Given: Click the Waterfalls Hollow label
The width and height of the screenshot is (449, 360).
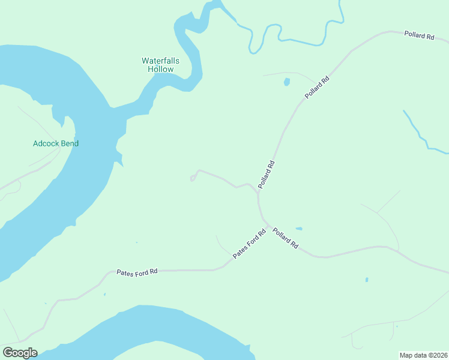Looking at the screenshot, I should coord(160,65).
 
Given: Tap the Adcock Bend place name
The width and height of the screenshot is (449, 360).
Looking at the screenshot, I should coord(56,143).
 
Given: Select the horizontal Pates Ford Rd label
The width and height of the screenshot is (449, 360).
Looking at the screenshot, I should coord(137,272).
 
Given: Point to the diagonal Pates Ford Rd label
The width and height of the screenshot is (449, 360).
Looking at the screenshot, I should coord(249,245).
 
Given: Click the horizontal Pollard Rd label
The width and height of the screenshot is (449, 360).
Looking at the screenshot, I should coord(419,36).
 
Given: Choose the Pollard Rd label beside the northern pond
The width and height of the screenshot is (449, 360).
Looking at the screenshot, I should coord(318,88).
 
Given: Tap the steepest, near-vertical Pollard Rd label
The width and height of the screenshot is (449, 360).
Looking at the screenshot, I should coord(267,175).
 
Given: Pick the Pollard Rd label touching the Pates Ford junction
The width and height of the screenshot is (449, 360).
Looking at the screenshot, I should coord(285,238).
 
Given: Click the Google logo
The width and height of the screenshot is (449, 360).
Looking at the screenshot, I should coord(20,353).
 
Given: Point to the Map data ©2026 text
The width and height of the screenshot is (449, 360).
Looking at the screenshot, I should coord(423,355).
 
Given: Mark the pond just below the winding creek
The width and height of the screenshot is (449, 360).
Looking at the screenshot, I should coord(287,82).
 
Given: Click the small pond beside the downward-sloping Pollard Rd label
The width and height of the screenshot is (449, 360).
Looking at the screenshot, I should coord(299,229).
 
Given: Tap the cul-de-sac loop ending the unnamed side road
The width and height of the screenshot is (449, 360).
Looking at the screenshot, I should coord(193,178).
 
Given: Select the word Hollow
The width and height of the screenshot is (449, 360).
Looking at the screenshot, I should coord(160,69).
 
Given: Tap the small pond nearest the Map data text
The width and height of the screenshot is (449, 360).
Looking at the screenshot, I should coord(366,280).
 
